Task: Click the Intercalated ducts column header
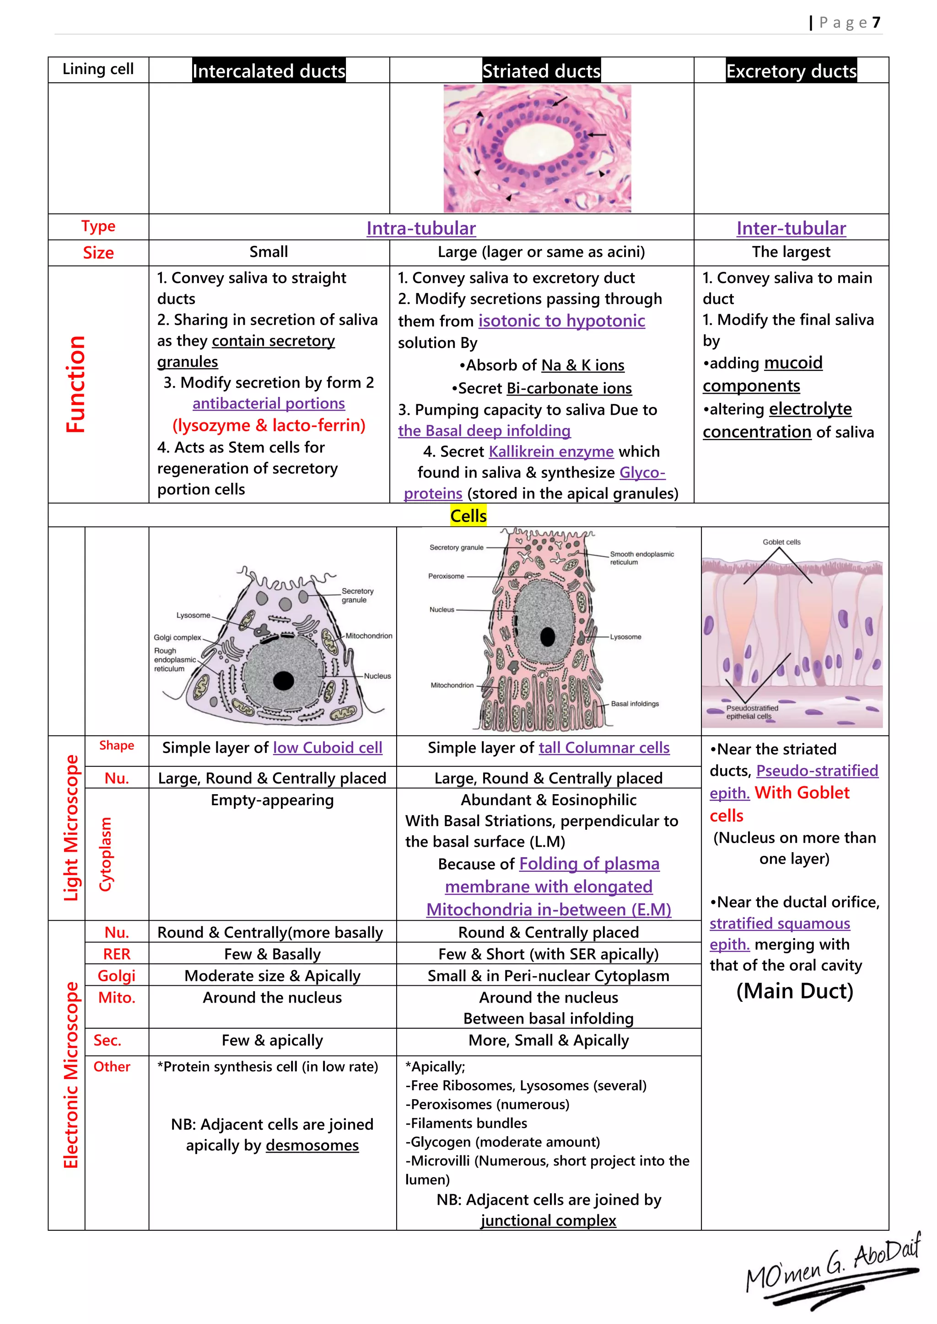pyautogui.click(x=269, y=71)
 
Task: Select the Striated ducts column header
pyautogui.click(x=541, y=71)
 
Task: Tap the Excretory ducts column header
pyautogui.click(x=791, y=71)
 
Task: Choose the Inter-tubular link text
pyautogui.click(x=791, y=228)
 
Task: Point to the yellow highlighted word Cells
pyautogui.click(x=468, y=516)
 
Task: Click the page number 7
pyautogui.click(x=876, y=22)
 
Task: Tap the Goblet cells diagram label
pyautogui.click(x=781, y=542)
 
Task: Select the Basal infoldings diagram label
pyautogui.click(x=635, y=704)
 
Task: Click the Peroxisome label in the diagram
pyautogui.click(x=446, y=576)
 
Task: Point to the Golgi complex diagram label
pyautogui.click(x=177, y=637)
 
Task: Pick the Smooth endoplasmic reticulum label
pyautogui.click(x=641, y=558)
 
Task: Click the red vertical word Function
pyautogui.click(x=75, y=384)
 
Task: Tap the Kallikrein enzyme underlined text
pyautogui.click(x=551, y=452)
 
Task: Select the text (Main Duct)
pyautogui.click(x=795, y=991)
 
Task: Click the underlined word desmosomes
pyautogui.click(x=312, y=1145)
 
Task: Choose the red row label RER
pyautogui.click(x=117, y=954)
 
